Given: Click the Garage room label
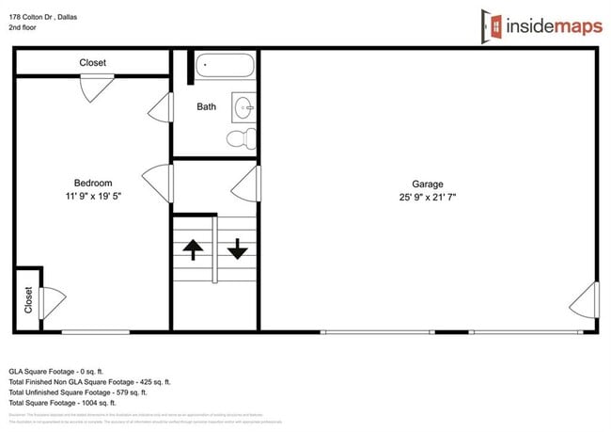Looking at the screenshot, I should pyautogui.click(x=427, y=184).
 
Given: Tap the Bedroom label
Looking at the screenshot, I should pyautogui.click(x=93, y=184).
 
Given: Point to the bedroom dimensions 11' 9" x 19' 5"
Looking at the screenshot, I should pyautogui.click(x=93, y=197).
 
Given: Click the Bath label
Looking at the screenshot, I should pyautogui.click(x=206, y=107).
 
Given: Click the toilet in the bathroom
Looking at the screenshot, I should pyautogui.click(x=243, y=139).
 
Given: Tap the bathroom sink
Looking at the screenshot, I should pyautogui.click(x=244, y=105).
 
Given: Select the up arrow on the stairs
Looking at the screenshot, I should pyautogui.click(x=193, y=248).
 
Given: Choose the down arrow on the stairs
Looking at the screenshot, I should pyautogui.click(x=237, y=248).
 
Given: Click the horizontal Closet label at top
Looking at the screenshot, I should pyautogui.click(x=92, y=63).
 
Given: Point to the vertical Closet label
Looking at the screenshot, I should pyautogui.click(x=28, y=300).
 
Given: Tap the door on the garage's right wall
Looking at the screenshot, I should pyautogui.click(x=585, y=300).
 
